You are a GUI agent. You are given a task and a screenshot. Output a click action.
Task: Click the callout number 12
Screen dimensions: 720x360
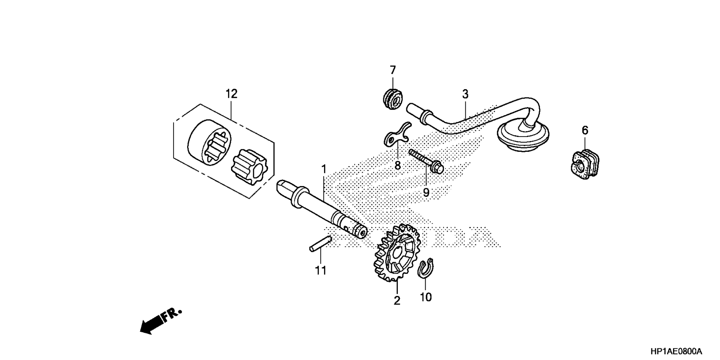[231, 94]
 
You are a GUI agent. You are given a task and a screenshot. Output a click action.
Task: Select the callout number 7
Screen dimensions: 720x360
[393, 70]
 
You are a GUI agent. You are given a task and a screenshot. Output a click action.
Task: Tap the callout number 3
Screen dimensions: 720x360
[465, 94]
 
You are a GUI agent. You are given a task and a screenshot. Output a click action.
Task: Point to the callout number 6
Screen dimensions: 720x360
[585, 130]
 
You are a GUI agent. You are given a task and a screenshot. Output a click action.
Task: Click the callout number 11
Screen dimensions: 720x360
[321, 270]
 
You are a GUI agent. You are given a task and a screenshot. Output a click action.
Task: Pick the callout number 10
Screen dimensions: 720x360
[426, 297]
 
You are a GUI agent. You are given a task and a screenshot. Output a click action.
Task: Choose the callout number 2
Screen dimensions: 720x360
[397, 300]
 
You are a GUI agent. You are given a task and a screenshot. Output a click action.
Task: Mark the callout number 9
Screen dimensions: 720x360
[426, 193]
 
